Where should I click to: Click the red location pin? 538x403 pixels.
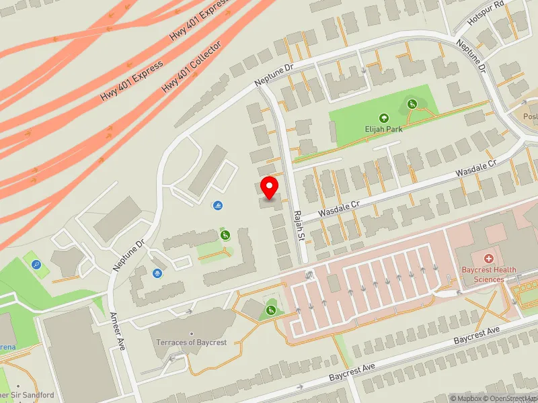pyautogui.click(x=270, y=187)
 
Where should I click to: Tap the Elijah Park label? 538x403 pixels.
pyautogui.click(x=384, y=129)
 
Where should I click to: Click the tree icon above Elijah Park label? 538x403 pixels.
pyautogui.click(x=384, y=118)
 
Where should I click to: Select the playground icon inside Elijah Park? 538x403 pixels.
pyautogui.click(x=412, y=103)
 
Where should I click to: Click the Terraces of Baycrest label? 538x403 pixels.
pyautogui.click(x=192, y=343)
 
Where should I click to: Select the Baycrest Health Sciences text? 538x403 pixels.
pyautogui.click(x=489, y=275)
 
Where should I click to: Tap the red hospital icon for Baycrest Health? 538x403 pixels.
pyautogui.click(x=489, y=259)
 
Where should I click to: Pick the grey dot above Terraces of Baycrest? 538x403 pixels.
pyautogui.click(x=192, y=334)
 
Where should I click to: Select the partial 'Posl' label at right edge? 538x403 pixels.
pyautogui.click(x=530, y=116)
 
